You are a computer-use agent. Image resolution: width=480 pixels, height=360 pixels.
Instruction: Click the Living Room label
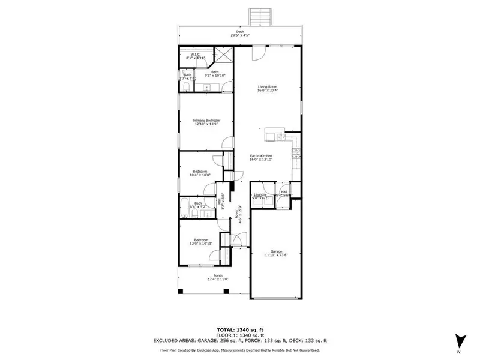point(268,86)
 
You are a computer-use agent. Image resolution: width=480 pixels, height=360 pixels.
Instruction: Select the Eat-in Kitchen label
point(261,157)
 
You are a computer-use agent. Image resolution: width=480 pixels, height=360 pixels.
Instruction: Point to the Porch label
point(201,275)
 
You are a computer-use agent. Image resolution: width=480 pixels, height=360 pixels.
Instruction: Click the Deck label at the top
point(240,32)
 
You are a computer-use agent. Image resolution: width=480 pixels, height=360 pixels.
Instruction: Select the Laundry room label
point(260,194)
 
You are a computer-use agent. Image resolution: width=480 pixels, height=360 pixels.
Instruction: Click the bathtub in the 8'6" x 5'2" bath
point(187,204)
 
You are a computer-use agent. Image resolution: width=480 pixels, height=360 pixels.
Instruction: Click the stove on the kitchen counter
point(296,154)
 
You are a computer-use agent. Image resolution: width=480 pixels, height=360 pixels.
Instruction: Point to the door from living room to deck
point(257,55)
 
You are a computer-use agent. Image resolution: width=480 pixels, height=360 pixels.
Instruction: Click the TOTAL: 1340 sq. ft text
point(240,331)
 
